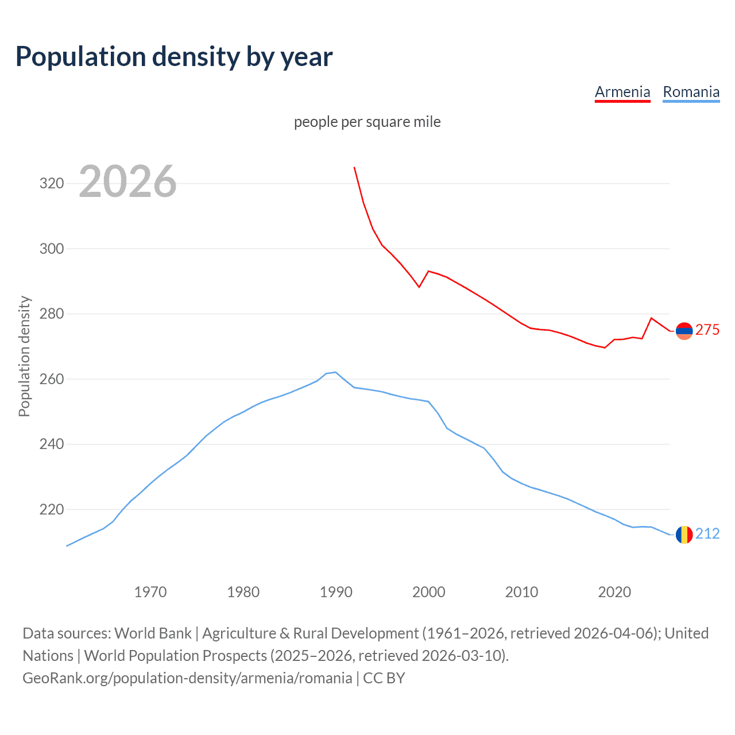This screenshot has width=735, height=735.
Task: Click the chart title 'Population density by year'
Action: click(174, 56)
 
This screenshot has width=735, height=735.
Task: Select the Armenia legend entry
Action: click(622, 92)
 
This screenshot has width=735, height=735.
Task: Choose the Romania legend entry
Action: click(691, 92)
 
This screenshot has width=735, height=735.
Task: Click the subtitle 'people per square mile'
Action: click(367, 122)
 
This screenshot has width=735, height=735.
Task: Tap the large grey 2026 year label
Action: click(127, 181)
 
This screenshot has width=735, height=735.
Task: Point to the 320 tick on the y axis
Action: click(51, 184)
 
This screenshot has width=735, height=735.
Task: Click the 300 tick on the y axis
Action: click(51, 249)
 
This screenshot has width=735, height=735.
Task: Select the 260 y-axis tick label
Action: click(51, 379)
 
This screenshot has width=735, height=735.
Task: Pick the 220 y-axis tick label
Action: click(51, 509)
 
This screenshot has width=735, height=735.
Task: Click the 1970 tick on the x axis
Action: click(150, 591)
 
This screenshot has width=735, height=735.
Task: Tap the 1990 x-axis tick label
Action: click(336, 591)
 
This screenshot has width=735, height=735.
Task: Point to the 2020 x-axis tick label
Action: click(614, 591)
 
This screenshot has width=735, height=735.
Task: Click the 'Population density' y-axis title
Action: click(24, 356)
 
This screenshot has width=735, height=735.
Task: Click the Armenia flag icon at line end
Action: click(684, 330)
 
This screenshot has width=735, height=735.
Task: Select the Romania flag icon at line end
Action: click(684, 535)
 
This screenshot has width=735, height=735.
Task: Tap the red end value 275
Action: click(707, 330)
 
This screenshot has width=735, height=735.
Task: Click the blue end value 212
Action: click(707, 533)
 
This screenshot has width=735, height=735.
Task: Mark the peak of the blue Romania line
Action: click(335, 372)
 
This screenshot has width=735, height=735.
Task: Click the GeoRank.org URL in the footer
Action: click(187, 678)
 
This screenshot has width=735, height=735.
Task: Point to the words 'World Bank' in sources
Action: click(153, 633)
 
